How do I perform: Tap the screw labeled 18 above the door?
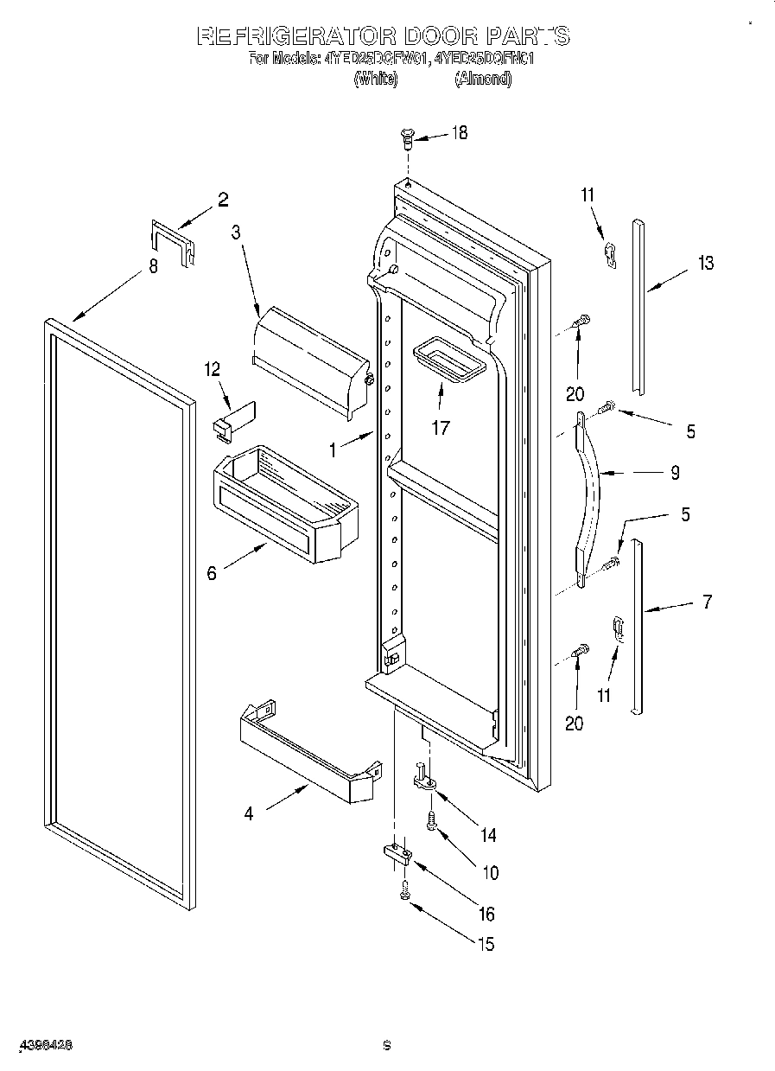pyautogui.click(x=408, y=137)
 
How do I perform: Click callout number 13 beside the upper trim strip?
pyautogui.click(x=706, y=263)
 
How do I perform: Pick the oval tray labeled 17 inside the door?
pyautogui.click(x=448, y=360)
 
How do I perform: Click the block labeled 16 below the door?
pyautogui.click(x=397, y=855)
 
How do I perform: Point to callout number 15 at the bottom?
pyautogui.click(x=486, y=944)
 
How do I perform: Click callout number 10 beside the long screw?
pyautogui.click(x=490, y=873)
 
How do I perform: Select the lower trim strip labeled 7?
pyautogui.click(x=637, y=627)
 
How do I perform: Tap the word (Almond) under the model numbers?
pyautogui.click(x=483, y=79)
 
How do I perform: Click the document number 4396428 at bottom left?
pyautogui.click(x=43, y=1045)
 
